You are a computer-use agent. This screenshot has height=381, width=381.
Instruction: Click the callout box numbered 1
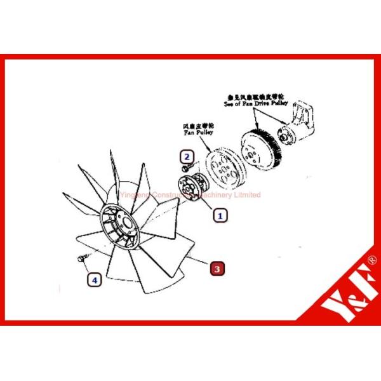click(x=220, y=215)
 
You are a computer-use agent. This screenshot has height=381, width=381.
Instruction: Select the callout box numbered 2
click(x=186, y=156)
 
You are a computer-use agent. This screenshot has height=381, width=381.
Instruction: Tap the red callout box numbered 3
click(x=217, y=269)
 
